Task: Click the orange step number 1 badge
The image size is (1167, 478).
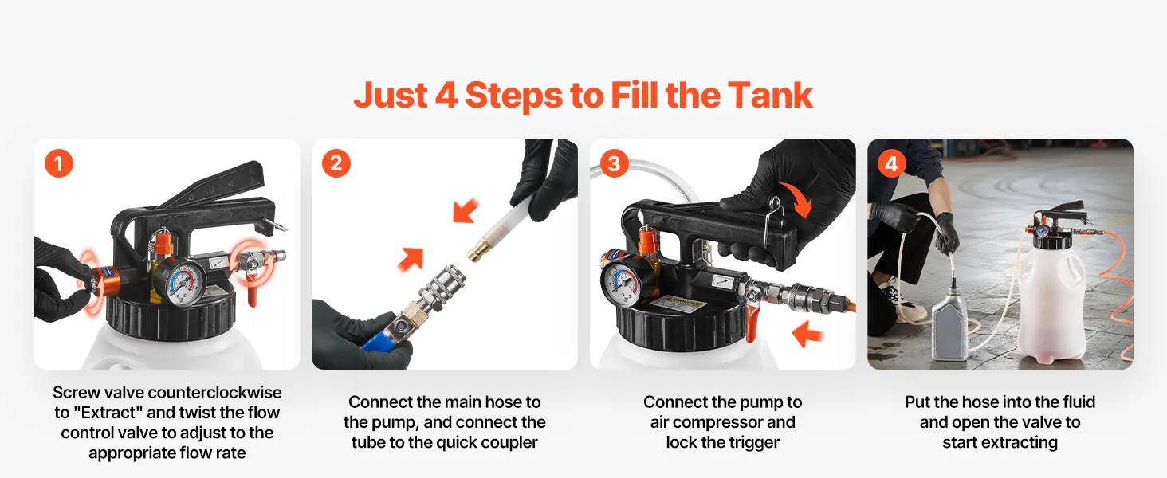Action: click(x=59, y=163)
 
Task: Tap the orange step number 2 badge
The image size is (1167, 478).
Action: click(x=336, y=163)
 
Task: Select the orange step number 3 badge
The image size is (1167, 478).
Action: click(x=615, y=163)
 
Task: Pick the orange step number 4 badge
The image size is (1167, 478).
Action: click(x=891, y=163)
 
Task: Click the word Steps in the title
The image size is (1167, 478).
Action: click(x=513, y=96)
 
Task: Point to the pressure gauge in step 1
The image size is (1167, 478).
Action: click(x=179, y=283)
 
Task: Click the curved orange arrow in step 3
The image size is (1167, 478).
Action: click(x=797, y=199)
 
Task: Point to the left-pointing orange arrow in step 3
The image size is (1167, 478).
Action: click(x=807, y=333)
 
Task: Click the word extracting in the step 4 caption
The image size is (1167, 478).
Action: click(x=1026, y=443)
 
